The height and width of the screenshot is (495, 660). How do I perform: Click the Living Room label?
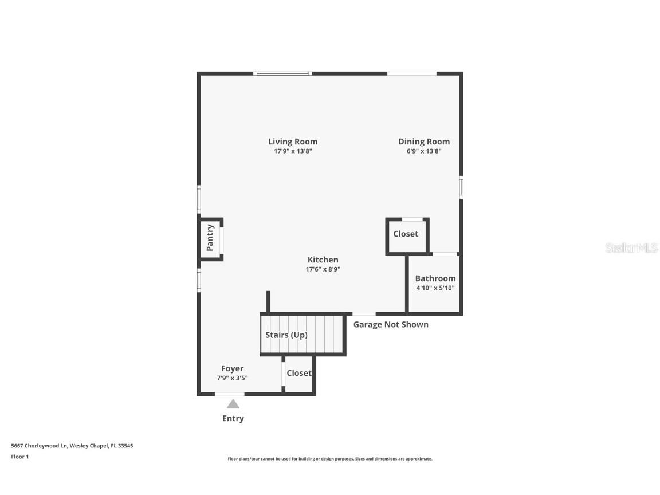point(293,142)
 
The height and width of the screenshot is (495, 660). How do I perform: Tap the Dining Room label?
point(424,142)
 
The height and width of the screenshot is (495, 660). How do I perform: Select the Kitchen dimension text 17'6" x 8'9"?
point(323,269)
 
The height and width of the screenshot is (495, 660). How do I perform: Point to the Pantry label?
point(210,238)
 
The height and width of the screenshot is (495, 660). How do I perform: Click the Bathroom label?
point(435,278)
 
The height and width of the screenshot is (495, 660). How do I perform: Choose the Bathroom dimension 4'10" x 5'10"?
point(435,288)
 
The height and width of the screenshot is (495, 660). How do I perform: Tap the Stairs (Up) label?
point(286,335)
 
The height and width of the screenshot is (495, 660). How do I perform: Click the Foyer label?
point(233,368)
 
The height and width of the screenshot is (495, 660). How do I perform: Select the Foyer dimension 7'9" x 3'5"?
point(233,378)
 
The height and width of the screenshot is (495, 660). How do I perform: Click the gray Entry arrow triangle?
point(233,404)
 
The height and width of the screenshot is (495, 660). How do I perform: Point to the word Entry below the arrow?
point(233,418)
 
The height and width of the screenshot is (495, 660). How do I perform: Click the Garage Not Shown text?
point(391,324)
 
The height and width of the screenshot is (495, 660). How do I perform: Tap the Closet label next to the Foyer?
point(299,373)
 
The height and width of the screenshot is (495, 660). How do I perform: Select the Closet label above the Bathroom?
point(406,234)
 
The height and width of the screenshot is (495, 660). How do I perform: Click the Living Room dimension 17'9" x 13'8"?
point(293,151)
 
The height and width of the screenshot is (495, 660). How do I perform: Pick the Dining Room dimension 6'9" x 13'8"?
point(424,151)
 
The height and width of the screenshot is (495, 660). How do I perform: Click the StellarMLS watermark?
point(632,248)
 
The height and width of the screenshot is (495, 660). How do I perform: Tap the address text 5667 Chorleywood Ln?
point(40,446)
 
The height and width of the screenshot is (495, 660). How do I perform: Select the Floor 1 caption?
point(19,457)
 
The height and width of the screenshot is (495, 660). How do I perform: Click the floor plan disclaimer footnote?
point(330,459)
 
